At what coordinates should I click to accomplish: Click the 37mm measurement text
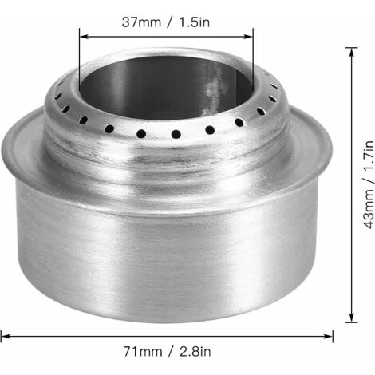141,22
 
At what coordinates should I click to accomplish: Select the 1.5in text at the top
195,22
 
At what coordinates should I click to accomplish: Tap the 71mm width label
143,352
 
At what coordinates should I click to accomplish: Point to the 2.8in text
195,352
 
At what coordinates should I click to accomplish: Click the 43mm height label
369,210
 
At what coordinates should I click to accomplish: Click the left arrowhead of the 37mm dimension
84,37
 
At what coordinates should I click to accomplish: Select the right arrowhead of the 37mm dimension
248,37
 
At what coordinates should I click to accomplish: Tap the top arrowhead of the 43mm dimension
352,53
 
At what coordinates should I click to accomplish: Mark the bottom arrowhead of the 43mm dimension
352,318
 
